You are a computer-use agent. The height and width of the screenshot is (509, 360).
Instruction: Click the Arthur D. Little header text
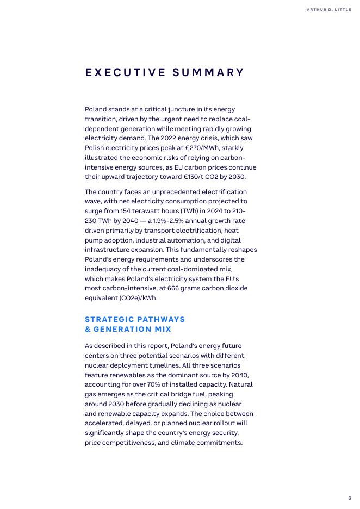(329, 10)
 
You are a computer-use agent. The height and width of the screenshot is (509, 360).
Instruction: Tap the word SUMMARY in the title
(209, 73)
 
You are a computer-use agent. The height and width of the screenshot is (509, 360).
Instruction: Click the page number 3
(350, 498)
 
